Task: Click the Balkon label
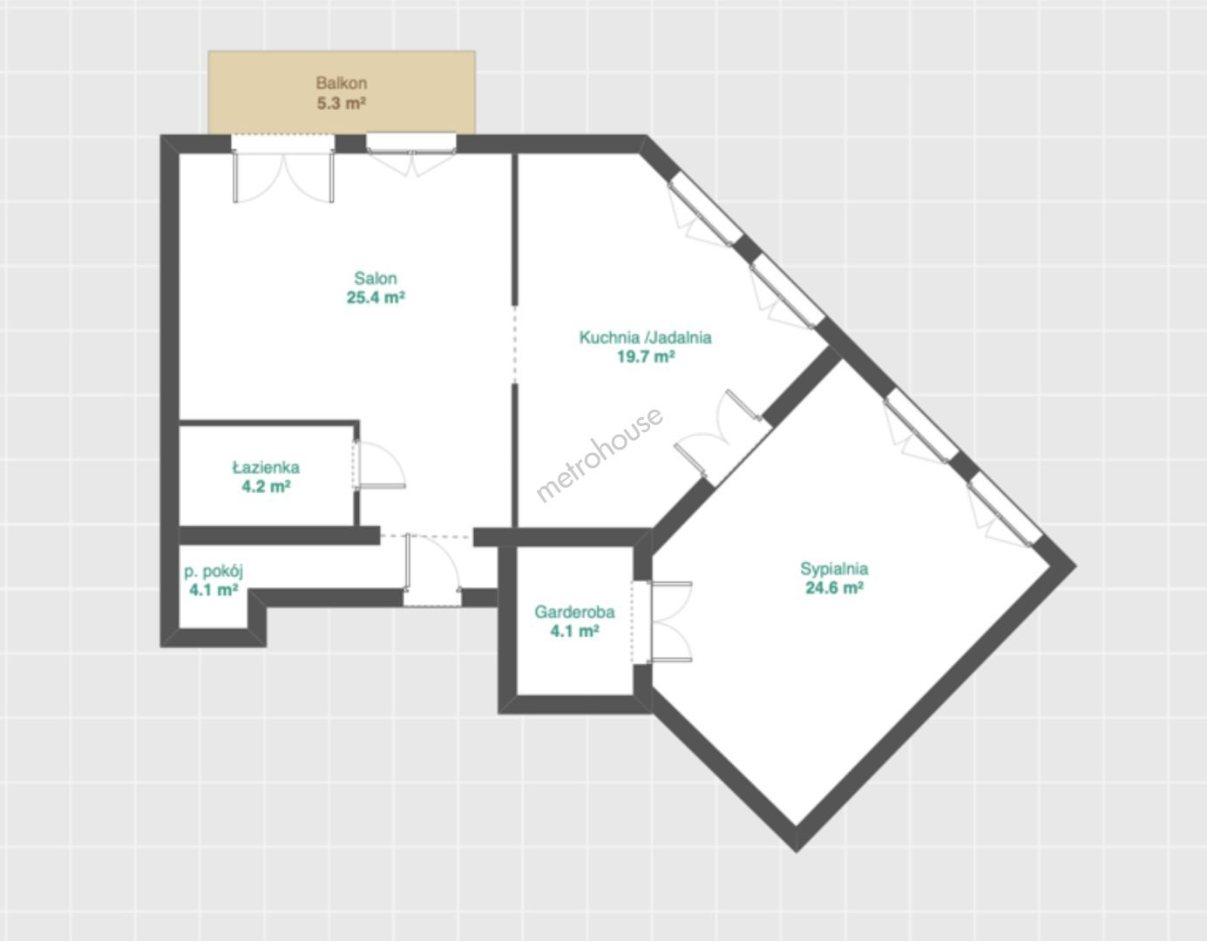tap(341, 84)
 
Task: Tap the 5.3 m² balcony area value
tap(341, 104)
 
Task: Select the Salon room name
tap(376, 278)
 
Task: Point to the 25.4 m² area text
tap(376, 298)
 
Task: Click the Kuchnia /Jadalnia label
tap(646, 337)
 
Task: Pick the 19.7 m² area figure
tap(646, 356)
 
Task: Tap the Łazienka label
tap(266, 467)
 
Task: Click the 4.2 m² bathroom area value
tap(266, 487)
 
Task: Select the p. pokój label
tap(214, 572)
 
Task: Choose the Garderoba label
tap(574, 612)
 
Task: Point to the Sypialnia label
tap(834, 568)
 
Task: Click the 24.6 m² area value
tap(834, 588)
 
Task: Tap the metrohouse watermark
tap(600, 455)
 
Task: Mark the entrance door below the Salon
tap(432, 569)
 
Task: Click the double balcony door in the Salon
tap(283, 169)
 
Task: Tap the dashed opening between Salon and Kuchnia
tap(515, 343)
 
